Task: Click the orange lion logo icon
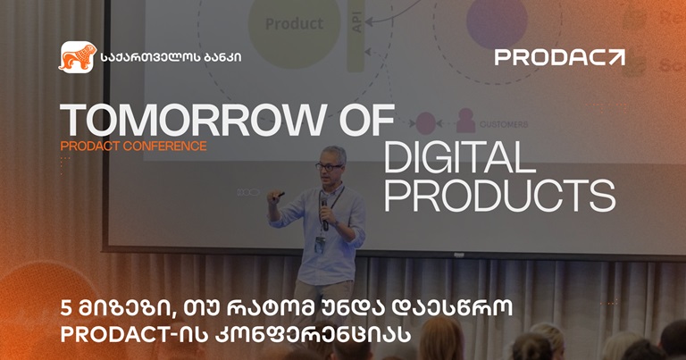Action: tap(78, 57)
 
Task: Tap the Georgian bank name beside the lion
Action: tap(171, 57)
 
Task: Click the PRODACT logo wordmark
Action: tap(559, 57)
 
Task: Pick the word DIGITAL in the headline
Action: tap(459, 157)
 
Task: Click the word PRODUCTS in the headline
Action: tap(499, 196)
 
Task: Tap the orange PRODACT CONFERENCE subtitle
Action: tap(133, 147)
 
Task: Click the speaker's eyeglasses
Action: tap(329, 167)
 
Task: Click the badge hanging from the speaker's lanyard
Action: tap(320, 245)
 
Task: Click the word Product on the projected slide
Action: tap(294, 23)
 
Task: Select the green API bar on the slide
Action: tap(356, 35)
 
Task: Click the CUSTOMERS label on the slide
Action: tap(504, 125)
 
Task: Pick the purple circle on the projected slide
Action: tap(497, 22)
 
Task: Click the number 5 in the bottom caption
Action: tap(66, 309)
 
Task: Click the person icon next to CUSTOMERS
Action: tap(465, 121)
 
